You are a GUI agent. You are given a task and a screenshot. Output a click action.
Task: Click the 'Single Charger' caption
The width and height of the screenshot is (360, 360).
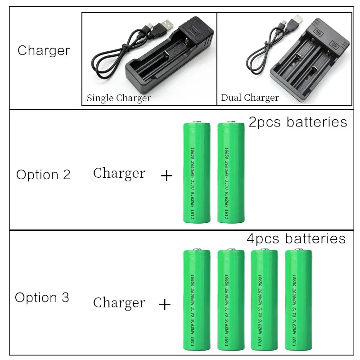tap(118, 98)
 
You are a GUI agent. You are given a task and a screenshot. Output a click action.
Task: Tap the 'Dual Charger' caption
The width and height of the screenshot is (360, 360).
tap(250, 98)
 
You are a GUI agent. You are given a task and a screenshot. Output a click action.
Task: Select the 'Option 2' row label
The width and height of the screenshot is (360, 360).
tap(43, 175)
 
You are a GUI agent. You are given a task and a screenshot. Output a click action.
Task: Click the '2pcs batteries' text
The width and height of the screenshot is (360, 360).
tap(298, 122)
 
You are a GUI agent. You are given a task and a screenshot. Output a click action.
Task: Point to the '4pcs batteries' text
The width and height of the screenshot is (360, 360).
tap(296, 238)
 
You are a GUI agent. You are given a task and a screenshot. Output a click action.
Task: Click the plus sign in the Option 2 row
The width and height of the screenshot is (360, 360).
tap(166, 175)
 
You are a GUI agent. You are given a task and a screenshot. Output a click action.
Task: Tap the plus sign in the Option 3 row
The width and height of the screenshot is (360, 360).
tap(165, 305)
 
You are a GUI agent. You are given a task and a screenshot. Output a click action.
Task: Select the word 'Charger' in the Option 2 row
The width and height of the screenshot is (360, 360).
tap(119, 173)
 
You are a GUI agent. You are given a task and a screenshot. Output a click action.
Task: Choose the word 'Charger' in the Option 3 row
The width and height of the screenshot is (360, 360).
tap(119, 303)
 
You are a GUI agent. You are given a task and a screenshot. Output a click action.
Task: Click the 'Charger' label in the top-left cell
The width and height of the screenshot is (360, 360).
tap(44, 50)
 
